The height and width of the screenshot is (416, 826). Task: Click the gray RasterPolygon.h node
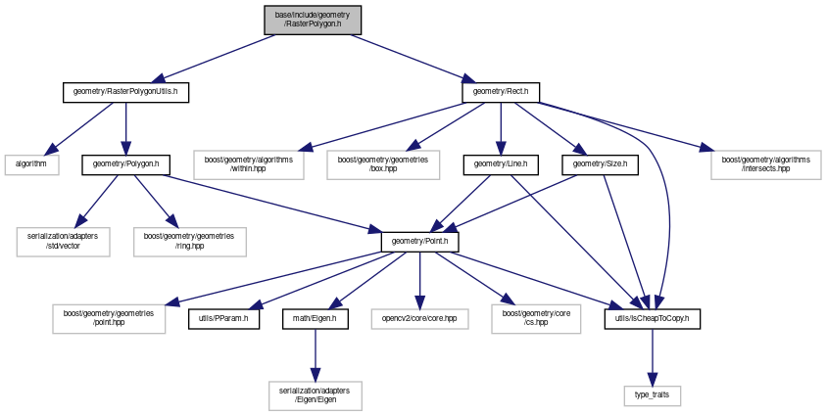(x=313, y=20)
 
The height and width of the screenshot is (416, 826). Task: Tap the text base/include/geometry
(x=313, y=15)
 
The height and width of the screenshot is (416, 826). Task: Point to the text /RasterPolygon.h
(x=313, y=24)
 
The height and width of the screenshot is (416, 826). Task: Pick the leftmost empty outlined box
(x=31, y=165)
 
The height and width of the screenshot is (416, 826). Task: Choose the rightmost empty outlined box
(x=765, y=165)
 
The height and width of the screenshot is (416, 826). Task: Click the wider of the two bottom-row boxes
(x=316, y=395)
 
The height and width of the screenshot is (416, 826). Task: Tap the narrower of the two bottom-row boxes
(x=653, y=396)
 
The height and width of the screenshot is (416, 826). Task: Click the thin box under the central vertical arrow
(x=419, y=319)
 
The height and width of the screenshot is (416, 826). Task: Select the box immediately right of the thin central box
(x=536, y=319)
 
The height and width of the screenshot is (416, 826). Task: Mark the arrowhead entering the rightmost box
(x=705, y=149)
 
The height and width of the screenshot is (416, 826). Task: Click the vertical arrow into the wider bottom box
(x=316, y=352)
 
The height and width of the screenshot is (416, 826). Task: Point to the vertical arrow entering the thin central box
(x=419, y=279)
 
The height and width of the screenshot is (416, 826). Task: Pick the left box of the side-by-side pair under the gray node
(x=249, y=165)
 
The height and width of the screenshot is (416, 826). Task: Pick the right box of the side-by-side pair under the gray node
(x=383, y=165)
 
